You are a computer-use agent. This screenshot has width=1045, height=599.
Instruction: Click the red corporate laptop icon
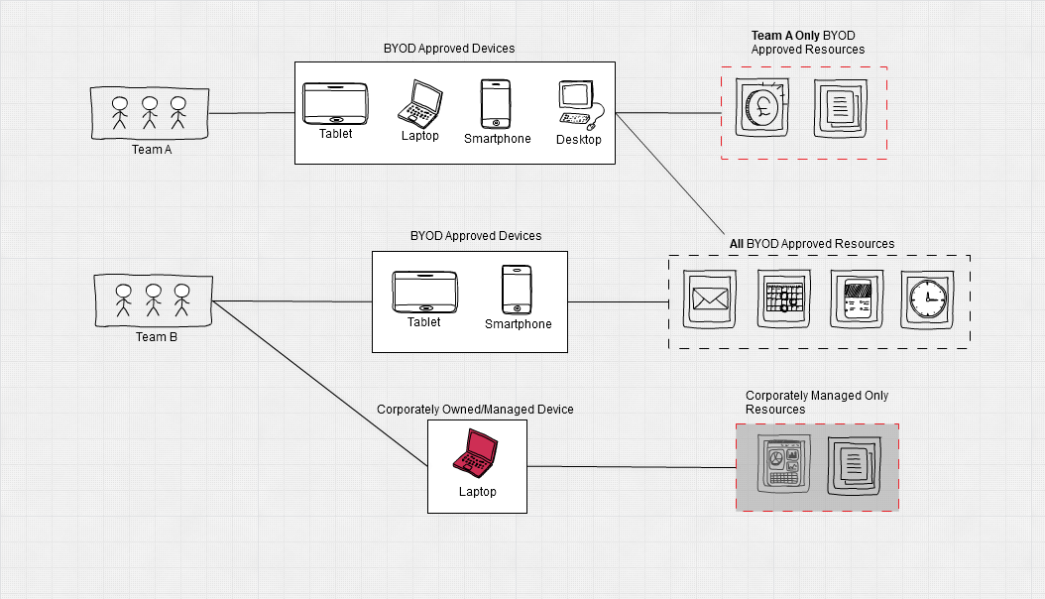pos(475,453)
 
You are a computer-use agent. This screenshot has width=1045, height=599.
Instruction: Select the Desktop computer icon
pos(581,105)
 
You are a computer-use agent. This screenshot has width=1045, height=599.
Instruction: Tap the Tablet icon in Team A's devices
pos(335,103)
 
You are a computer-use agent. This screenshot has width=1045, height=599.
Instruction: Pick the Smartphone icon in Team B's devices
pos(517,290)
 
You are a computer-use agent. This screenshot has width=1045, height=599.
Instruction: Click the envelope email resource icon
pos(710,299)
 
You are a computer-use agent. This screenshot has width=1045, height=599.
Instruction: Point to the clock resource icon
pos(927,299)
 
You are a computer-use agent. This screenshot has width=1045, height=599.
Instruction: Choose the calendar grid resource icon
pos(783,299)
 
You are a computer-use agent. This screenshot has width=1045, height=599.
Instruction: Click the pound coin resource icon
pos(762,107)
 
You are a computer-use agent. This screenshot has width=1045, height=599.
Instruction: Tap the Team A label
pos(152,149)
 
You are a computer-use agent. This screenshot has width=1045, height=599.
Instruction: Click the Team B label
pos(157,336)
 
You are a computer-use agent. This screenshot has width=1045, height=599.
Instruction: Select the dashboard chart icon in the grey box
pos(783,464)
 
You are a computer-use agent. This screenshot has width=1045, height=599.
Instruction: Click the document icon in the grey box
pos(854,466)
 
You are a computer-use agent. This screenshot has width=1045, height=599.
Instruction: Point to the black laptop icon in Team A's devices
pos(419,104)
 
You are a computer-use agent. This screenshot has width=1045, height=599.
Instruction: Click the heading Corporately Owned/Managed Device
pos(475,410)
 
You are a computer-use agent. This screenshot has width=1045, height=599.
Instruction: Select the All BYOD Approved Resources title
pos(812,244)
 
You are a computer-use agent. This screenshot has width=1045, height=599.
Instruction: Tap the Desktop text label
pos(578,139)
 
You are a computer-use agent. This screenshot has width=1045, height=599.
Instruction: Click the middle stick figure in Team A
pos(150,113)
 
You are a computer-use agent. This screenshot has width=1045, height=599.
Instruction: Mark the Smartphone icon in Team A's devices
pos(496,104)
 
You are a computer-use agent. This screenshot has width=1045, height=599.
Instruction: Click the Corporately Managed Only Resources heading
pos(816,403)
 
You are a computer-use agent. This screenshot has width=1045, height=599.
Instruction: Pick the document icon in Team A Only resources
pos(841,109)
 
